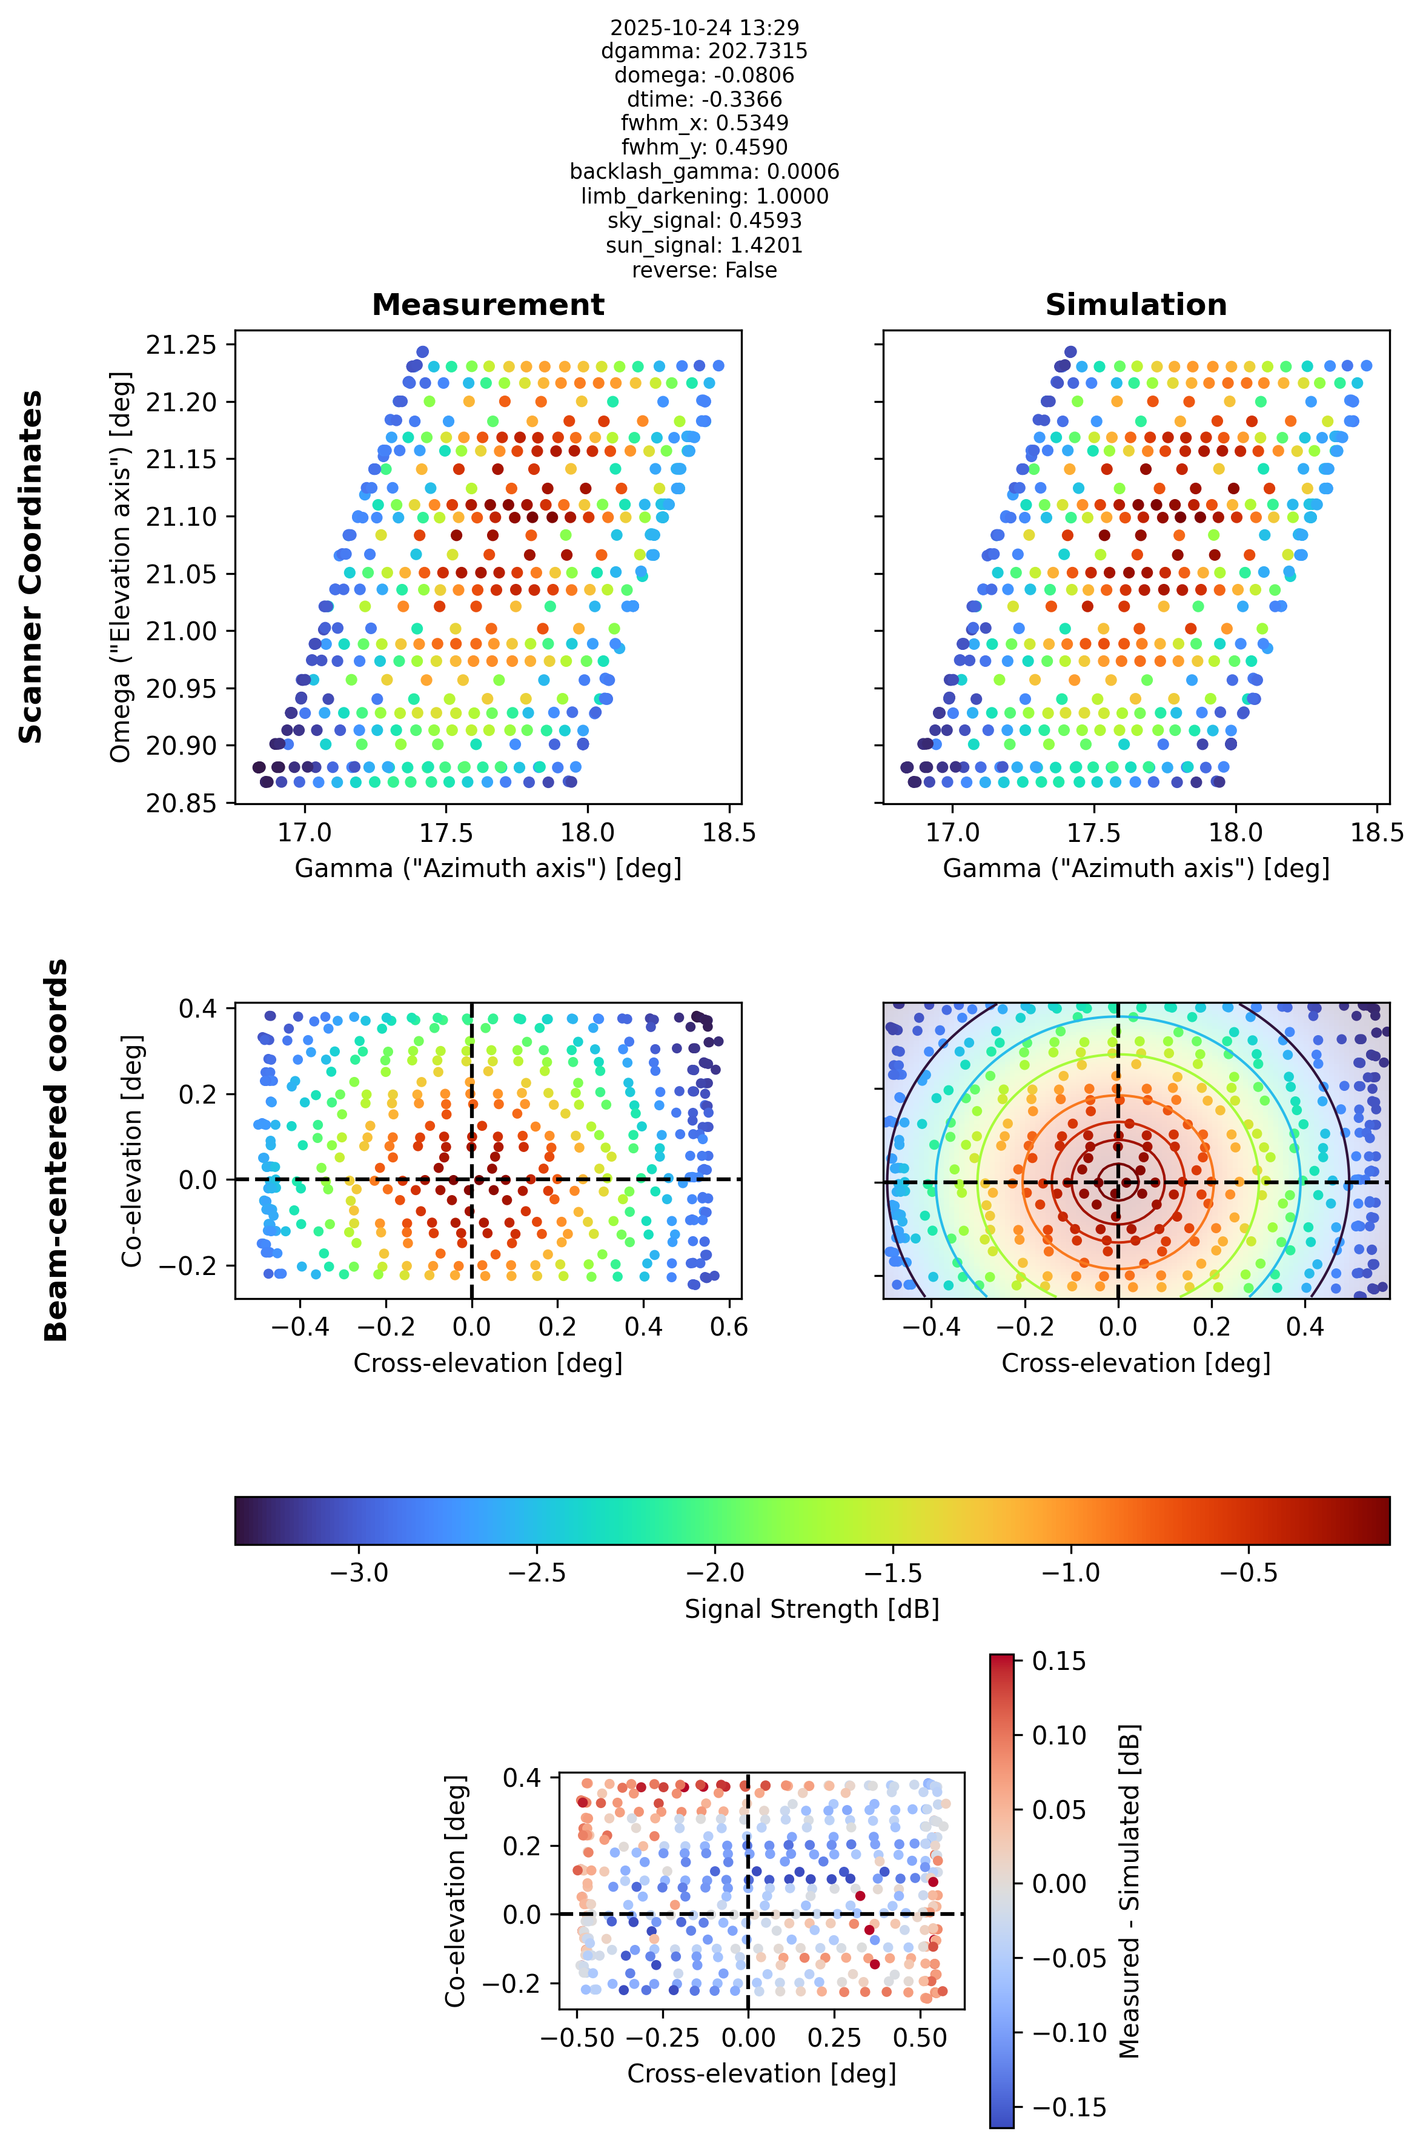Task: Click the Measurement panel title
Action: click(488, 305)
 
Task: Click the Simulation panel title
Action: click(1136, 305)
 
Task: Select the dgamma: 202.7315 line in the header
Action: click(705, 51)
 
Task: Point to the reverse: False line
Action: click(705, 270)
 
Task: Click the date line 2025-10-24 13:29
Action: click(705, 28)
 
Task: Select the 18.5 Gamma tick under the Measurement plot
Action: click(729, 833)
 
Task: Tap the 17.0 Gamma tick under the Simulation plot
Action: click(952, 833)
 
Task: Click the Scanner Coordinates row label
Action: click(31, 567)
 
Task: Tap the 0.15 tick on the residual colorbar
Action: click(1059, 1661)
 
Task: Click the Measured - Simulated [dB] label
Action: click(1129, 1891)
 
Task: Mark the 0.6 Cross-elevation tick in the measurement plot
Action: click(729, 1326)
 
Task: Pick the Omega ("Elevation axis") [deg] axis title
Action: click(121, 567)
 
